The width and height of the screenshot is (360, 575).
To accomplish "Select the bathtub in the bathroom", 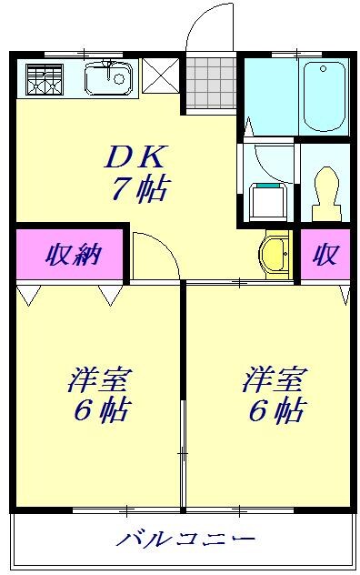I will (x=324, y=96).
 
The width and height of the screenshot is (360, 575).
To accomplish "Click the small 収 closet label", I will (x=325, y=256).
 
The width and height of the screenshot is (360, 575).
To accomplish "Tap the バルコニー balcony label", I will (x=185, y=540).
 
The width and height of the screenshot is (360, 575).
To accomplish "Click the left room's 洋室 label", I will (x=95, y=380).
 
